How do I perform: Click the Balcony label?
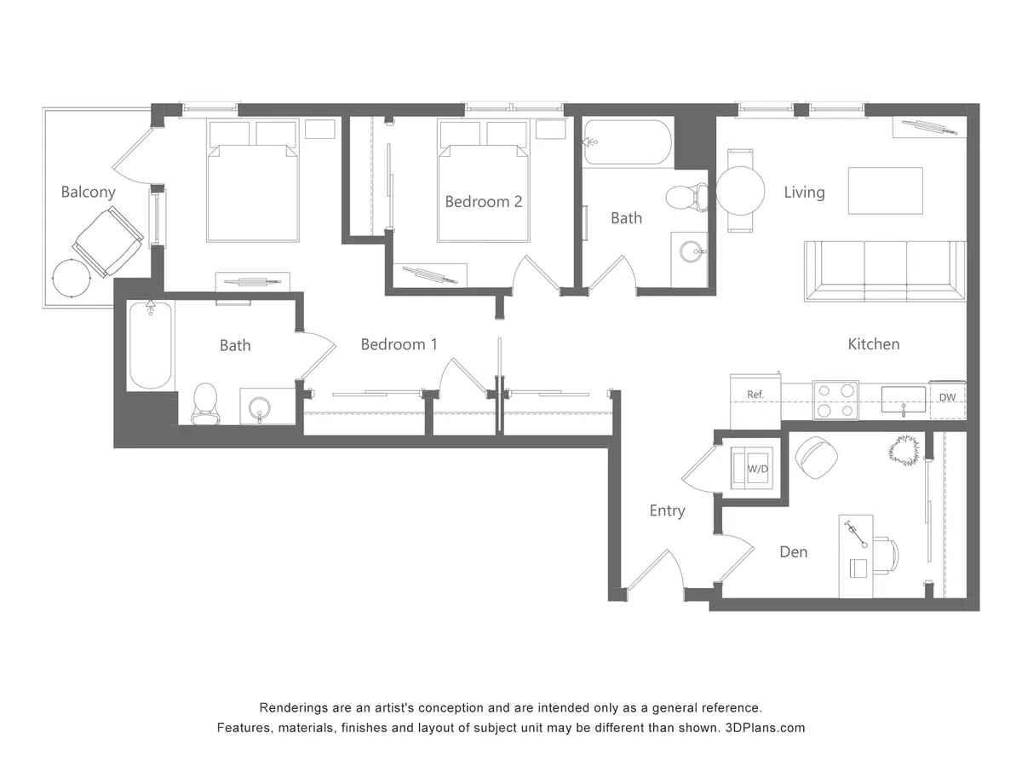(88, 192)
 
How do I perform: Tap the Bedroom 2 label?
(483, 202)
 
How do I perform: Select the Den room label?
(794, 552)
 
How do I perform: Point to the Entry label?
(667, 510)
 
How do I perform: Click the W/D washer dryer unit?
(751, 468)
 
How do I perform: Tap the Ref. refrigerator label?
(755, 395)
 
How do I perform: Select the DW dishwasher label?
(947, 397)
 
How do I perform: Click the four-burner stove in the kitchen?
(835, 401)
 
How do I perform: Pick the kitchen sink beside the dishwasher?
(904, 400)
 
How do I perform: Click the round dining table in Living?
(740, 190)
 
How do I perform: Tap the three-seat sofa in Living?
(885, 271)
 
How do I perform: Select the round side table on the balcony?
(72, 278)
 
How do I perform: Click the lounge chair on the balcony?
(108, 242)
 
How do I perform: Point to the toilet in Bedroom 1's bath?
(205, 403)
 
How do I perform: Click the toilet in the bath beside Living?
(687, 198)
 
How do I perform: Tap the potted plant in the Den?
(904, 450)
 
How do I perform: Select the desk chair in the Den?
(885, 554)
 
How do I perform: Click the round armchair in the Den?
(817, 458)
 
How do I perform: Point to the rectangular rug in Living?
(885, 191)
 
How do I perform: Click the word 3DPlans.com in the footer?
(765, 728)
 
